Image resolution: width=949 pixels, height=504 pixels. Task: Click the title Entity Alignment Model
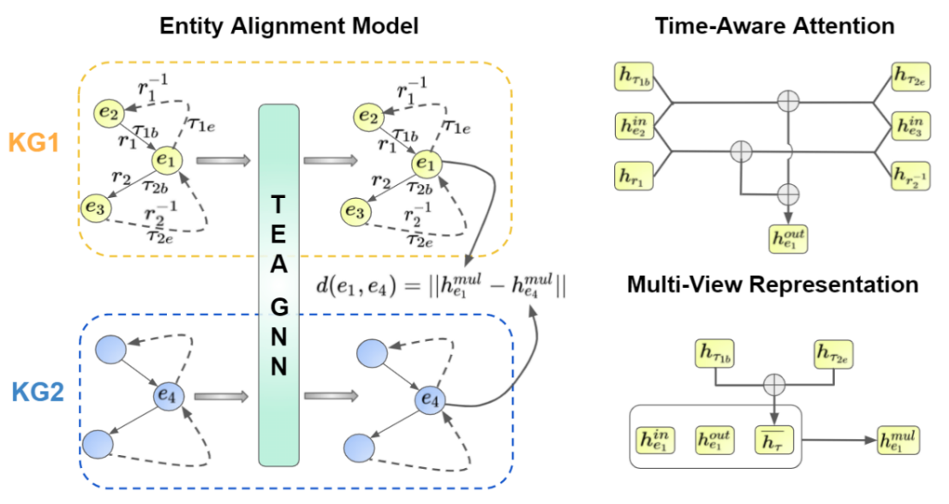pos(289,27)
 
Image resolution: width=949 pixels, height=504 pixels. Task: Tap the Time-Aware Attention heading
pos(774,27)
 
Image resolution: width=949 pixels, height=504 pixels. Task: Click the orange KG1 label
pos(33,141)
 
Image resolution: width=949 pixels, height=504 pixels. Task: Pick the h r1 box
pos(633,176)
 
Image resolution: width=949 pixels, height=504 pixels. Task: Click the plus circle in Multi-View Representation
pos(775,383)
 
